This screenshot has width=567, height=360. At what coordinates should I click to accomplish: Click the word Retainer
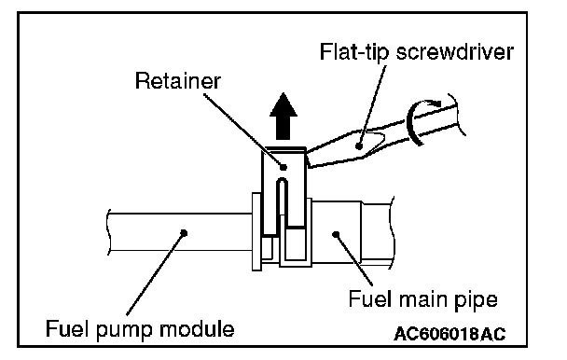[x=177, y=81]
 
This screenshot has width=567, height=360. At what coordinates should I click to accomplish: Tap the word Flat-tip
[x=354, y=51]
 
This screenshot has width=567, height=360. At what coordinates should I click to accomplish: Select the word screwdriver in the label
[x=455, y=51]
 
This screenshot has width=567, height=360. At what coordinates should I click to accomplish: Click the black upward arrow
[x=283, y=116]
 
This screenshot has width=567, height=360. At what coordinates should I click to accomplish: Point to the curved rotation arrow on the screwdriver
[x=409, y=122]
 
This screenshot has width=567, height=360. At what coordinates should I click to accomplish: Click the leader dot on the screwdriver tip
[x=359, y=146]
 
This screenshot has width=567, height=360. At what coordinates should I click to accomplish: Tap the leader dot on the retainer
[x=283, y=167]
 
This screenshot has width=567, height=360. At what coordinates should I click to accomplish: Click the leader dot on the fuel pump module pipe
[x=184, y=232]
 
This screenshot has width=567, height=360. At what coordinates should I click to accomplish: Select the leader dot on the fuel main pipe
[x=336, y=234]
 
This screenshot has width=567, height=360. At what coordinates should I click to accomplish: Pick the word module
[x=197, y=329]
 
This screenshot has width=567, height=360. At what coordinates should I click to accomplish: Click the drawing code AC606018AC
[x=449, y=334]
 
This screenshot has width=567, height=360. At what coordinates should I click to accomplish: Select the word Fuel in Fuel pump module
[x=67, y=328]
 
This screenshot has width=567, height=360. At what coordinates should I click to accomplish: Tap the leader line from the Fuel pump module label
[x=156, y=274]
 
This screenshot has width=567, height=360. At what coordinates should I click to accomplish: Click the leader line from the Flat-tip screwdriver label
[x=372, y=105]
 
